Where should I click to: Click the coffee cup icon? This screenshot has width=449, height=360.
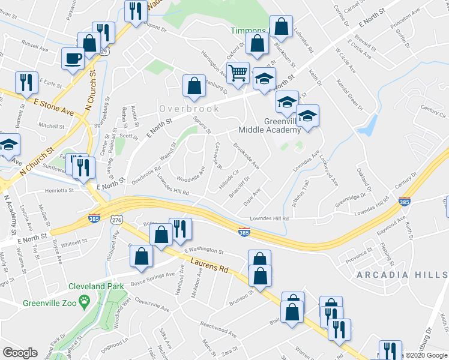pos(73,58)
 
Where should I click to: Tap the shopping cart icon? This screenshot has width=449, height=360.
pos(239,73)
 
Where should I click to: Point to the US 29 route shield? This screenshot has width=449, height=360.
pos(104,52)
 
